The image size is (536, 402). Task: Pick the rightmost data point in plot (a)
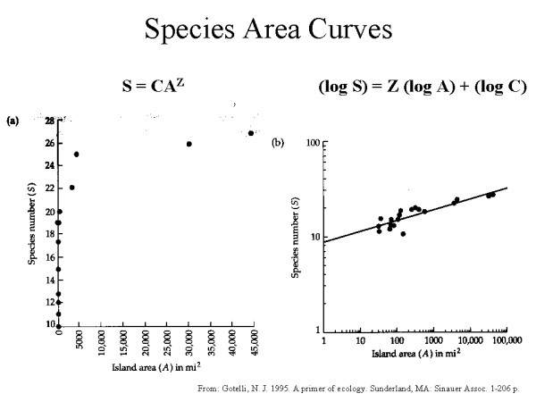tap(251, 133)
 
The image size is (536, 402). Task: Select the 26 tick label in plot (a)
tap(47, 143)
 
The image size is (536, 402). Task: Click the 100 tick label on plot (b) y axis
tap(312, 143)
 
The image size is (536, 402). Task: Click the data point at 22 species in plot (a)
tap(72, 188)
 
